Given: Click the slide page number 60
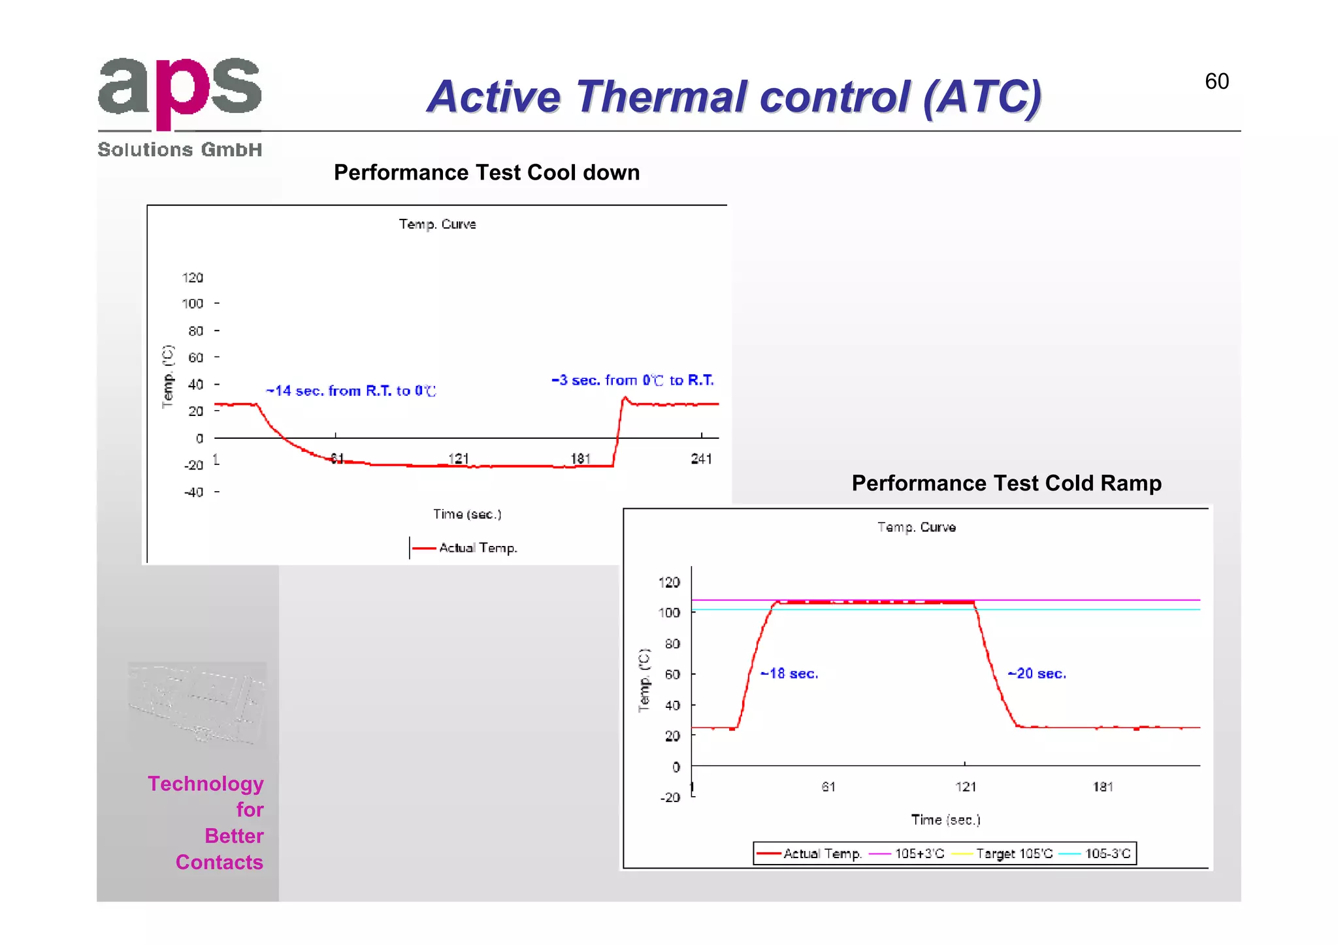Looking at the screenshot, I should [x=1216, y=82].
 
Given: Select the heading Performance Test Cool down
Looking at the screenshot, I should [x=487, y=172].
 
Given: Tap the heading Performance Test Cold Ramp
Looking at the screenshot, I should [x=1006, y=483].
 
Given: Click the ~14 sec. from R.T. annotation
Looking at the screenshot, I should [x=351, y=391].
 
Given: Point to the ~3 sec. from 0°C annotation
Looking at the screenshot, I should [x=632, y=380].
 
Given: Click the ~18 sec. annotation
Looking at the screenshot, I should [x=789, y=673].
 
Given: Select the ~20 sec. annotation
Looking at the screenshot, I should [x=1037, y=673].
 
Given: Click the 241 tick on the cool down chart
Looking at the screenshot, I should [x=701, y=458].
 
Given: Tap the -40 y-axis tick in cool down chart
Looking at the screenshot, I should [x=193, y=492].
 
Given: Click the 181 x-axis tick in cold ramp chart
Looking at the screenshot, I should [x=1103, y=787].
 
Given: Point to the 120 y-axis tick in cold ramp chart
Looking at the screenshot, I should [x=669, y=582].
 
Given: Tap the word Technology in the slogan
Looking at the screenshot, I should [x=206, y=784].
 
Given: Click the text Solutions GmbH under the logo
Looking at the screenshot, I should [x=180, y=150].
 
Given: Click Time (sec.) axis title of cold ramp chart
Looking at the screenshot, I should [x=945, y=820].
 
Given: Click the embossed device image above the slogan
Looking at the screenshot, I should [x=197, y=704].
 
